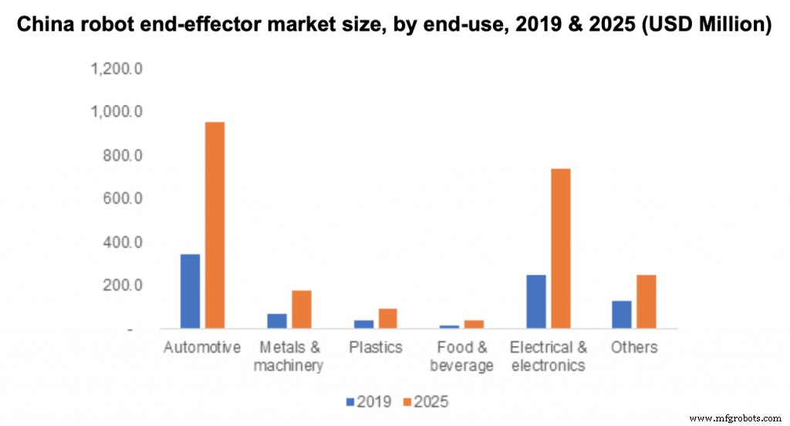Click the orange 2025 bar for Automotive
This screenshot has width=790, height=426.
(x=214, y=225)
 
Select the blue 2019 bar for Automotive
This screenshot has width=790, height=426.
(x=190, y=290)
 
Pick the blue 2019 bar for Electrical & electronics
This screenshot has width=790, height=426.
(x=535, y=301)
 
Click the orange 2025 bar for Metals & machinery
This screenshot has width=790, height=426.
(x=301, y=309)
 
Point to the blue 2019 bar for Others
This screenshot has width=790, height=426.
(x=622, y=314)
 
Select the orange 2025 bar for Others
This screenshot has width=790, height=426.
(x=647, y=301)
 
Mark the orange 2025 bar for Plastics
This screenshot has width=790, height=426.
(x=387, y=318)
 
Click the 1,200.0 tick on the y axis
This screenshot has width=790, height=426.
(x=116, y=69)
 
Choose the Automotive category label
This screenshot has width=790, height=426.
(x=202, y=347)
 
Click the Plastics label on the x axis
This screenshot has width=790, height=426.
(x=375, y=347)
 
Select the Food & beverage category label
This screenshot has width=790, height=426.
(x=461, y=356)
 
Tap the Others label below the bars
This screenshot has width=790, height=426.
(x=634, y=347)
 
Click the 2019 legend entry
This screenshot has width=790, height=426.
(x=368, y=402)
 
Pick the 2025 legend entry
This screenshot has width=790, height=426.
(x=424, y=402)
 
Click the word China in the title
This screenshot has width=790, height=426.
(x=45, y=25)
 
